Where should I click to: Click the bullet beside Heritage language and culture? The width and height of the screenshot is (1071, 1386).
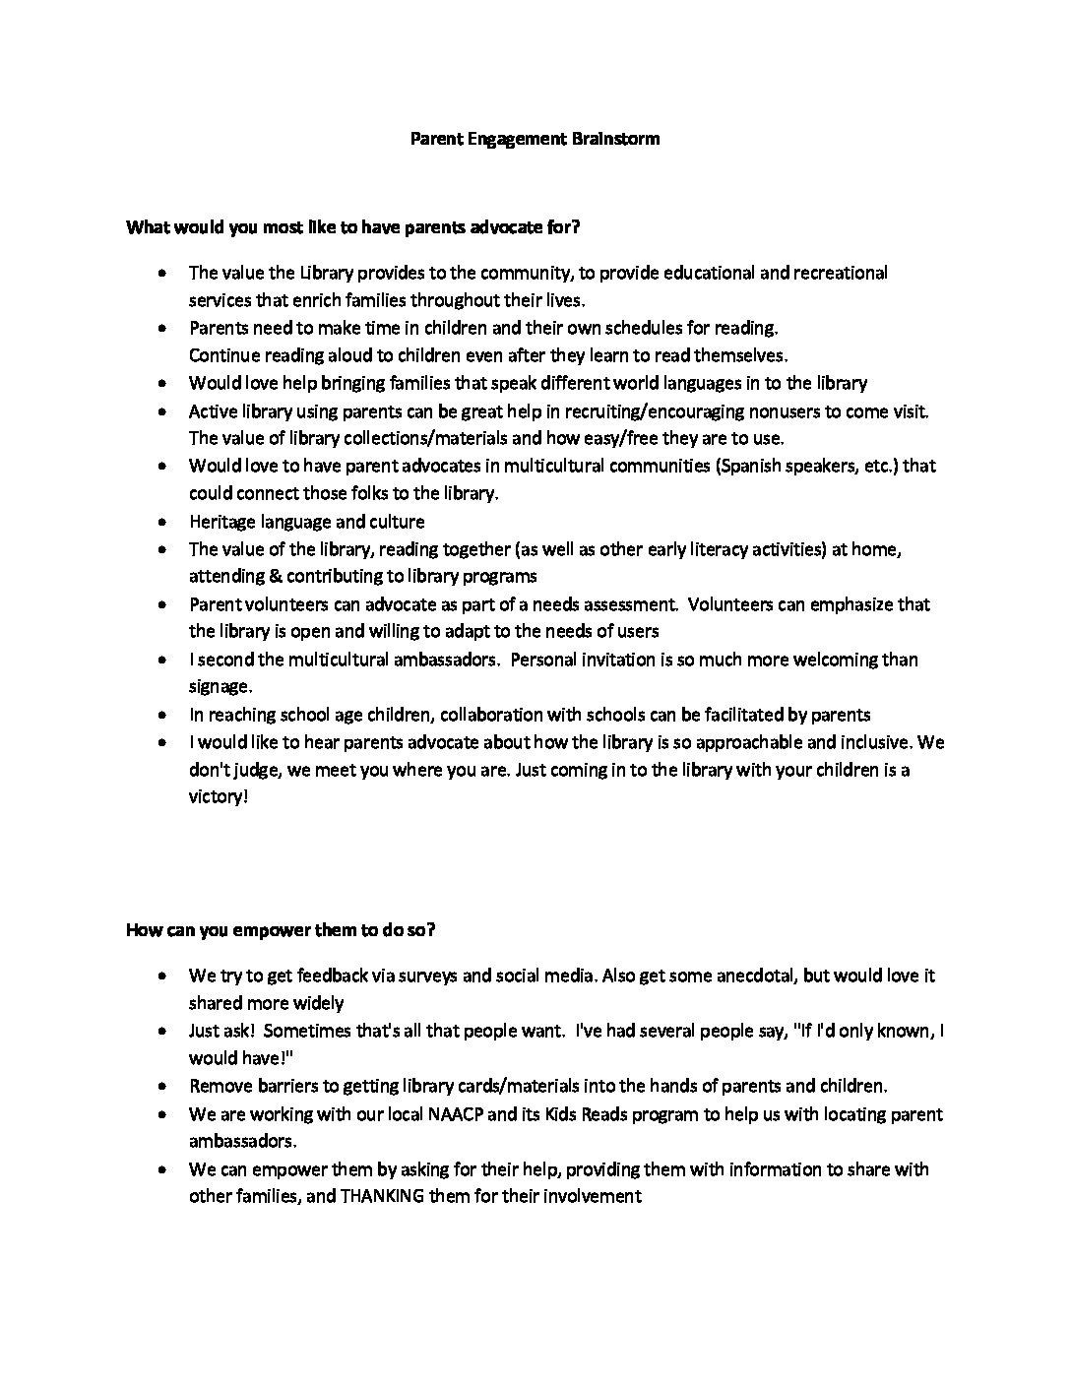point(161,523)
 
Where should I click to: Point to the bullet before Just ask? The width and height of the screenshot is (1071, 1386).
point(161,1032)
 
